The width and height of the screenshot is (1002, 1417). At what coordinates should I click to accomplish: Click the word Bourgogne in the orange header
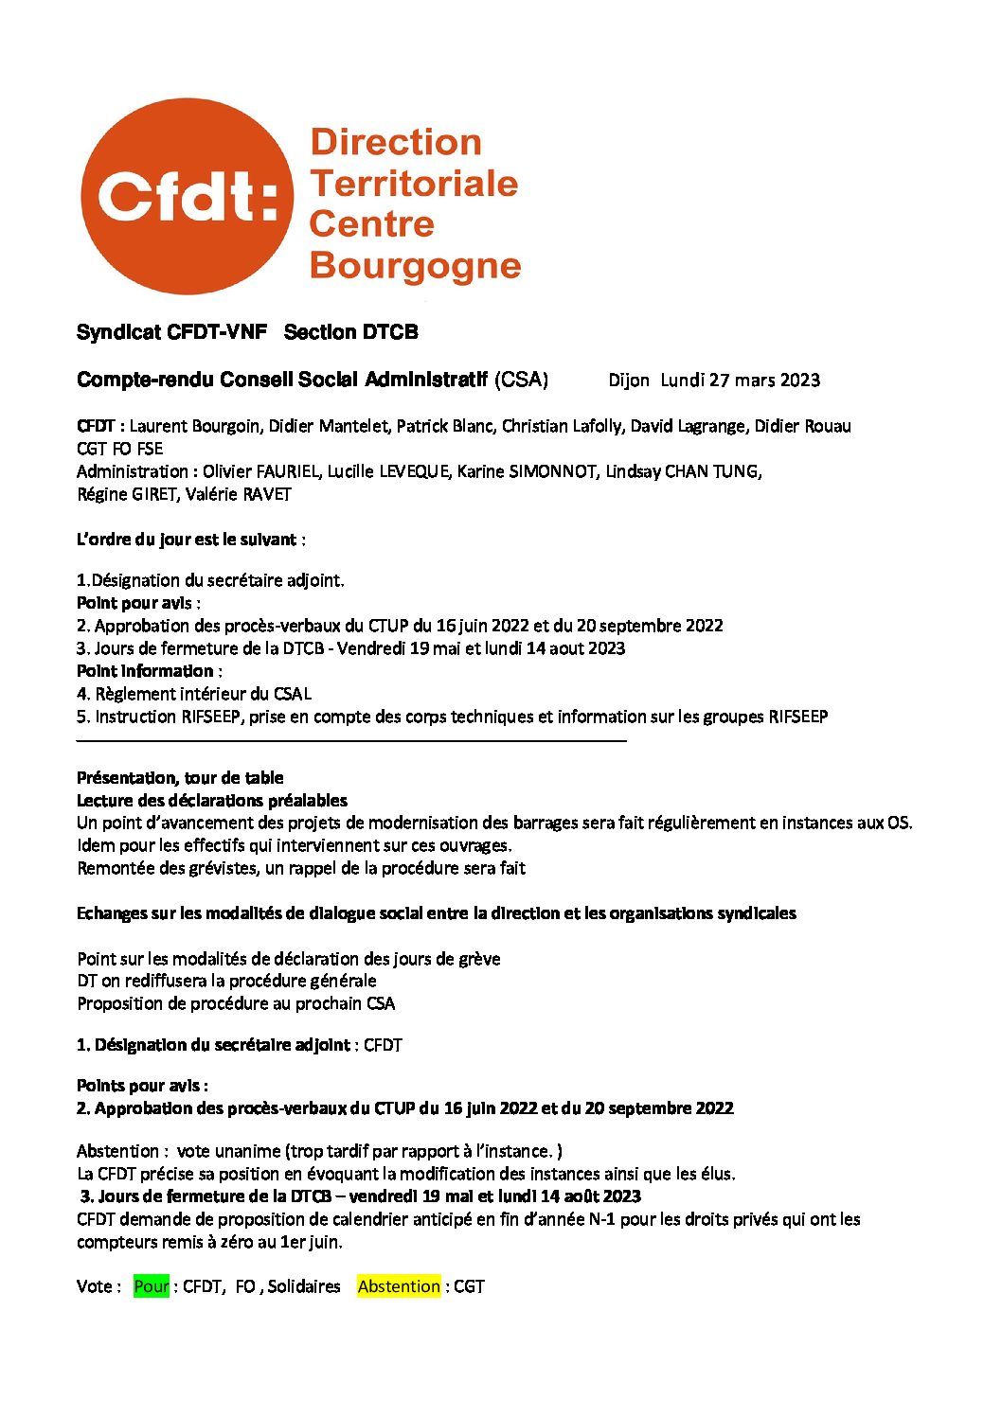tap(415, 265)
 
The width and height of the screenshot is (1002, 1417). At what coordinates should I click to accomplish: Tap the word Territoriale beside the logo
tap(414, 183)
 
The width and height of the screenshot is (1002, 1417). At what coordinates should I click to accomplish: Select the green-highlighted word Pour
tap(152, 1286)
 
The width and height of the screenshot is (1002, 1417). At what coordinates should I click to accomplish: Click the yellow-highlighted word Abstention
tap(399, 1286)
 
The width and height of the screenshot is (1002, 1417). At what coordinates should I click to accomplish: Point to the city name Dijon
tap(629, 381)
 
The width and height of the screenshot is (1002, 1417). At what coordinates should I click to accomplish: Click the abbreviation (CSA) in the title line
tap(521, 380)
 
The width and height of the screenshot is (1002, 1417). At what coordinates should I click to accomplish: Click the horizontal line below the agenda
tap(351, 740)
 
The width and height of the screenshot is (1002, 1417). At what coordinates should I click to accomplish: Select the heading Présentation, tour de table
tap(180, 778)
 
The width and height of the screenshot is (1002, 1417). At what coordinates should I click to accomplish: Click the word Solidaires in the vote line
tap(304, 1286)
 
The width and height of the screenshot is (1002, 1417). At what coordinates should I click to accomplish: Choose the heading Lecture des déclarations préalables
tap(212, 801)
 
